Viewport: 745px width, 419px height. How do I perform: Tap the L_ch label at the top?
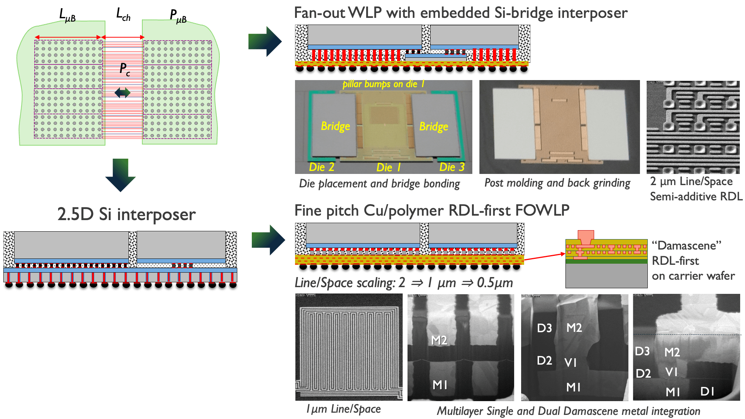(x=123, y=15)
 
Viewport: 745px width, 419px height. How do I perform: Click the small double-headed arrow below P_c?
(x=123, y=92)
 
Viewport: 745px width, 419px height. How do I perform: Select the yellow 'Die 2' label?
(x=321, y=167)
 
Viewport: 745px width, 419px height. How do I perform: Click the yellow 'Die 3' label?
(x=452, y=167)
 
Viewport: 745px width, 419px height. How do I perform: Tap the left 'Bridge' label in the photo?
(x=335, y=126)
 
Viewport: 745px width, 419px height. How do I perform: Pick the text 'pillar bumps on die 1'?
(x=383, y=84)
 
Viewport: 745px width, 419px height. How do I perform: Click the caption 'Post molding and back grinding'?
(x=557, y=183)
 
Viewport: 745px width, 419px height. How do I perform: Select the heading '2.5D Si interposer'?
(x=126, y=214)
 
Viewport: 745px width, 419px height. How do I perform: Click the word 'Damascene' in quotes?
(x=687, y=245)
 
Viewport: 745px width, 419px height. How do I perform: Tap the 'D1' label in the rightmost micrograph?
(x=707, y=391)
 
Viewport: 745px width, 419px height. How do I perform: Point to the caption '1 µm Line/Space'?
(x=343, y=409)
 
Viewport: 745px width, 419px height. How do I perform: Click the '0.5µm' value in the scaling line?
(x=495, y=283)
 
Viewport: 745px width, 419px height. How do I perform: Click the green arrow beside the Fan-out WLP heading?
(x=265, y=41)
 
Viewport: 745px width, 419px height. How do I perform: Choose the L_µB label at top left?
(x=67, y=15)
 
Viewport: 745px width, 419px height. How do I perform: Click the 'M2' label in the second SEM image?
(x=439, y=340)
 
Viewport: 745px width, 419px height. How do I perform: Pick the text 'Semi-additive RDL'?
(x=696, y=197)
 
